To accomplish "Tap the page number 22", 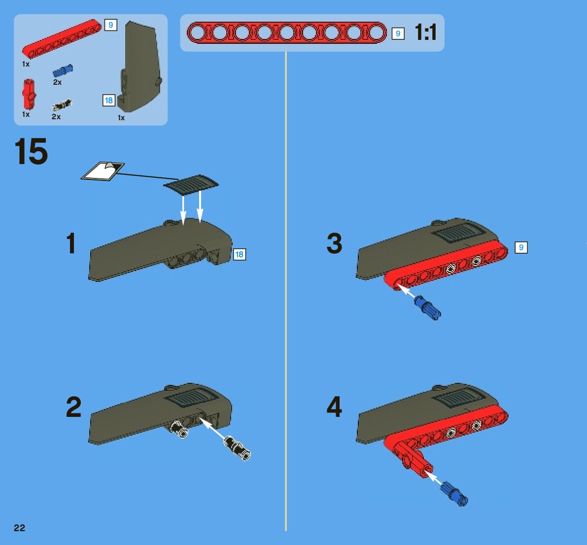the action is [x=19, y=528].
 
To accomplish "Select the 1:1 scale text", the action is [x=426, y=32].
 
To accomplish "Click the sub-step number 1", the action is [x=71, y=243].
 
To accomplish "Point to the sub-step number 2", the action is [x=73, y=407].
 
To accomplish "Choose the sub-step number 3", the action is [x=334, y=243].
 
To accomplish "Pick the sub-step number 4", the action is [x=334, y=407].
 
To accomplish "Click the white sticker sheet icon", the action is [x=103, y=171].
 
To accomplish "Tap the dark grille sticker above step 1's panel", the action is [x=191, y=184].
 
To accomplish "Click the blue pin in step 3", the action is [x=428, y=307].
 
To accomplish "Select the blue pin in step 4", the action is [x=454, y=494].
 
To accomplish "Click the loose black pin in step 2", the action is [x=237, y=448].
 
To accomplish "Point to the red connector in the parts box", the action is [x=29, y=94].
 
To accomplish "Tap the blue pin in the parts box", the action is [x=63, y=71].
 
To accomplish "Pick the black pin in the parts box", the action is [x=62, y=105].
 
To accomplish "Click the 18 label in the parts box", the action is [x=109, y=101].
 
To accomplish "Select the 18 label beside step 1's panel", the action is [x=239, y=255].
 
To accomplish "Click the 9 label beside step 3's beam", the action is [x=521, y=247].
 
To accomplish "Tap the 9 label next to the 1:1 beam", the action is [x=398, y=34].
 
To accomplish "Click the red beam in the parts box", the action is [x=62, y=39].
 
